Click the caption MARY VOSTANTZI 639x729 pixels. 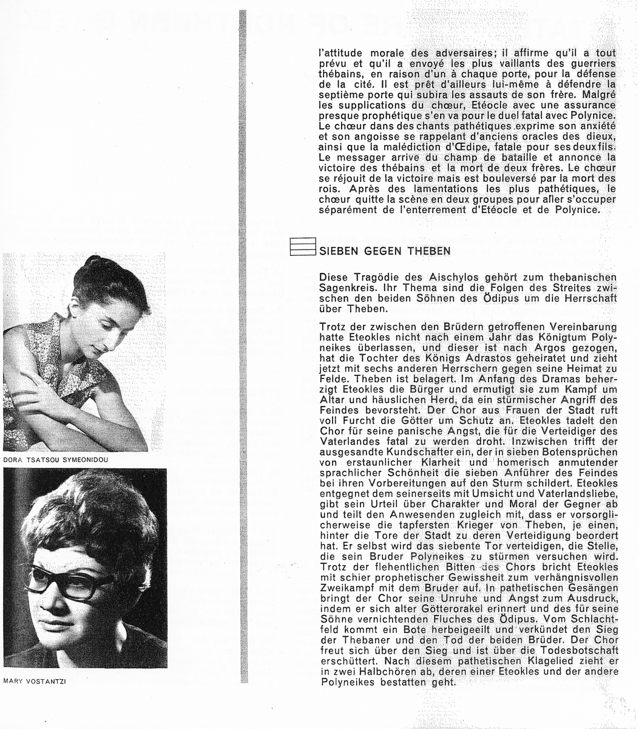pos(34,682)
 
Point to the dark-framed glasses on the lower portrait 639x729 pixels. pos(68,580)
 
